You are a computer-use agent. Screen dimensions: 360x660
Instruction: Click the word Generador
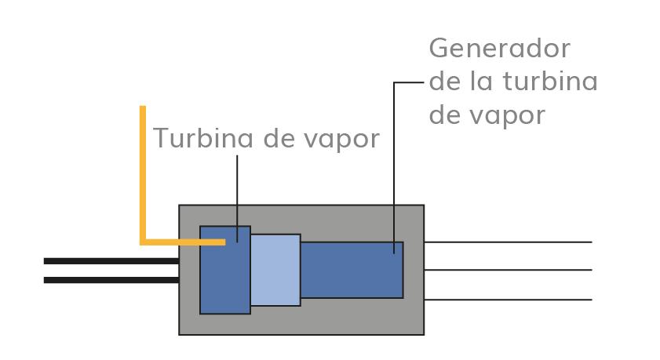tap(499, 49)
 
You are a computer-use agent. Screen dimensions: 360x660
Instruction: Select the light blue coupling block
tap(275, 270)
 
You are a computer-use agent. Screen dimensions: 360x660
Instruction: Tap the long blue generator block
tap(352, 270)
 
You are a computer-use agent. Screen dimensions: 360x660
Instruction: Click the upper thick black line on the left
tap(111, 260)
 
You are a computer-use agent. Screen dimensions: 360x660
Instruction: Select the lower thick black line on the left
tap(111, 280)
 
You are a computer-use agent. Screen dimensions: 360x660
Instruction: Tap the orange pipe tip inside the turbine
tap(222, 242)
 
